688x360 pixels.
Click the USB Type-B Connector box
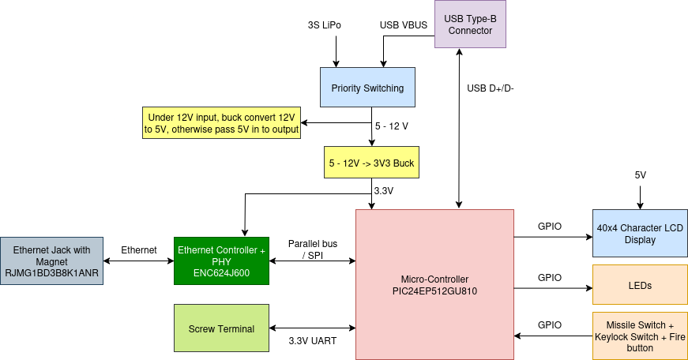coord(469,24)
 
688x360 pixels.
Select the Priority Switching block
coord(367,88)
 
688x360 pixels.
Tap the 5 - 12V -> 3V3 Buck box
coord(371,163)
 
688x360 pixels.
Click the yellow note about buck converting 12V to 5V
coord(221,123)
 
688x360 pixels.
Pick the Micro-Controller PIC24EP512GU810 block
coord(434,284)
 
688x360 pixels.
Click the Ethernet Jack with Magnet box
coord(51,261)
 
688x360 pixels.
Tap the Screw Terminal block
coord(221,328)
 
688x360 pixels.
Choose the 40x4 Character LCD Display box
coord(640,234)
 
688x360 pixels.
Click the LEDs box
coord(640,285)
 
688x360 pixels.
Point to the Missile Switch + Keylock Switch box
coord(640,336)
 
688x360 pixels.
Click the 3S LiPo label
coord(324,25)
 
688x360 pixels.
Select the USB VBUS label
coord(404,25)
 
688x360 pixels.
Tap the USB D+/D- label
coord(491,88)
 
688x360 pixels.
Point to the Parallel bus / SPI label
coord(313,249)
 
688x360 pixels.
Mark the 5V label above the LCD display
coord(641,174)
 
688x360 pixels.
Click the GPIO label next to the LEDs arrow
coord(550,277)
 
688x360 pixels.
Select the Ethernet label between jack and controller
coord(138,249)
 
